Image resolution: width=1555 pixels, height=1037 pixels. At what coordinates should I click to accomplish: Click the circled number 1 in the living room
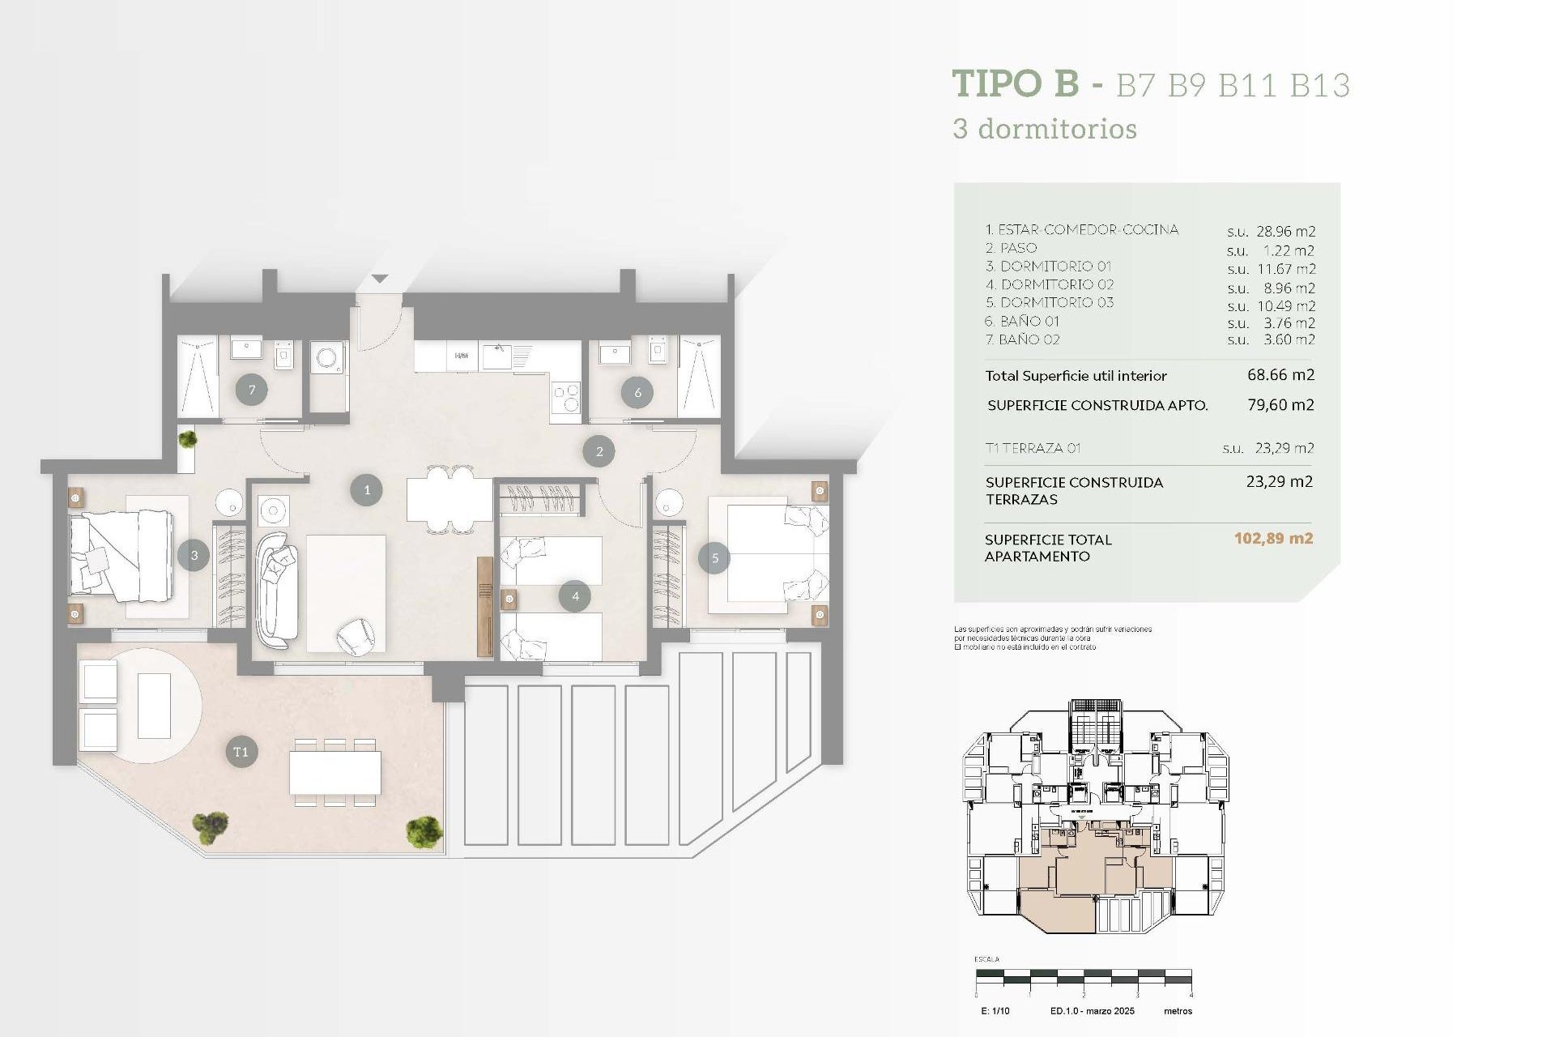pyautogui.click(x=366, y=490)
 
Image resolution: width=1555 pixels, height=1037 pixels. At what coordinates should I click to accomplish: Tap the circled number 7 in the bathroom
pyautogui.click(x=252, y=390)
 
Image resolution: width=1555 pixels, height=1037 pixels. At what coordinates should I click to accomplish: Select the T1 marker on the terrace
pyautogui.click(x=241, y=752)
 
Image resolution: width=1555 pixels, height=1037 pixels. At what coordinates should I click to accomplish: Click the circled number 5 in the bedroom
pyautogui.click(x=714, y=558)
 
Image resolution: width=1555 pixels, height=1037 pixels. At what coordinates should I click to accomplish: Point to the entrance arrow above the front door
pyautogui.click(x=380, y=279)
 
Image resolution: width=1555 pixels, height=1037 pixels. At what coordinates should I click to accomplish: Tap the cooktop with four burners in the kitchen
pyautogui.click(x=565, y=396)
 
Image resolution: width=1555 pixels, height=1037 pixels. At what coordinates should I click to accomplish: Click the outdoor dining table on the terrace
pyautogui.click(x=335, y=773)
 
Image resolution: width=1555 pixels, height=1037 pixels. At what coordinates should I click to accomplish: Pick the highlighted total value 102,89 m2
pyautogui.click(x=1273, y=539)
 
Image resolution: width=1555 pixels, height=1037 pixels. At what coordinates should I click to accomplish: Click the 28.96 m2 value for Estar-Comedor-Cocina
pyautogui.click(x=1285, y=232)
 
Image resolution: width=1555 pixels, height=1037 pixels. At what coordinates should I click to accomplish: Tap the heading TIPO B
pyautogui.click(x=1016, y=83)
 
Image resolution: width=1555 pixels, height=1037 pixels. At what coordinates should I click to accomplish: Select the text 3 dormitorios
pyautogui.click(x=1045, y=129)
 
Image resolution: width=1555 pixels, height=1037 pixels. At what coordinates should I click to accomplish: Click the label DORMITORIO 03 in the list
pyautogui.click(x=1056, y=302)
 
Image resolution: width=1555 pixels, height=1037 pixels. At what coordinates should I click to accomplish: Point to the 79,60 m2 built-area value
pyautogui.click(x=1280, y=404)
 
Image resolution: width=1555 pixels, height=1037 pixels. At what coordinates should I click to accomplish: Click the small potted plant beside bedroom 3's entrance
pyautogui.click(x=187, y=440)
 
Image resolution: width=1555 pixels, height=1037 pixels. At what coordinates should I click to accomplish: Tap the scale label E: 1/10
pyautogui.click(x=995, y=1011)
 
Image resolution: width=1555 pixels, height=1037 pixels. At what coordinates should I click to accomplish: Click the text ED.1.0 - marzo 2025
pyautogui.click(x=1092, y=1011)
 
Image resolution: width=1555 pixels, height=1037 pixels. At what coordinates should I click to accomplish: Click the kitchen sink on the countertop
pyautogui.click(x=496, y=355)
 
